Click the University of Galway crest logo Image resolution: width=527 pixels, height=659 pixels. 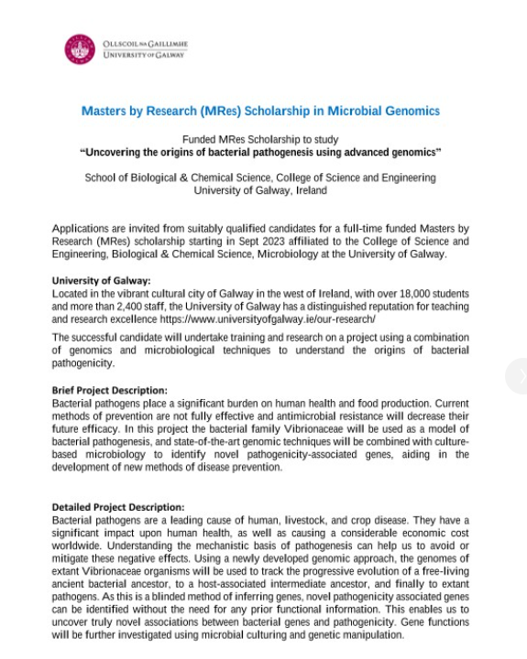(80, 49)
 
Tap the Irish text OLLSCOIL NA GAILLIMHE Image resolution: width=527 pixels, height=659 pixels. (143, 43)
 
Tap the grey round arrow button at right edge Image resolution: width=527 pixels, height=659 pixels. (521, 377)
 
